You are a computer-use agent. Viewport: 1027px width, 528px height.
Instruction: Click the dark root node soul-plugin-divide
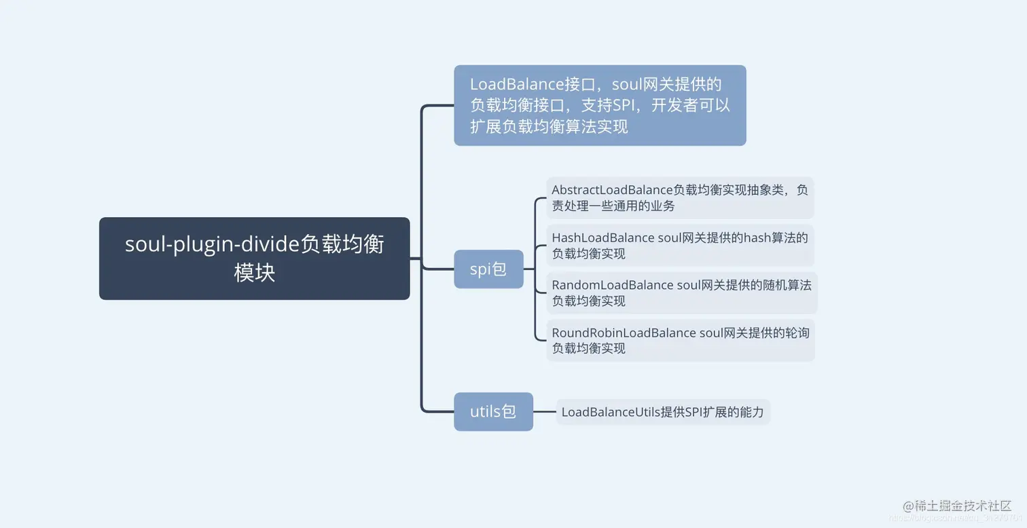point(254,259)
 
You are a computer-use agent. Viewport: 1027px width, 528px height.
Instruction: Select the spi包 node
point(488,269)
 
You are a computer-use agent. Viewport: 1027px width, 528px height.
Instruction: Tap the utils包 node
point(493,411)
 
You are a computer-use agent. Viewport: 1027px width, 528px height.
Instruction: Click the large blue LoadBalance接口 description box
point(600,105)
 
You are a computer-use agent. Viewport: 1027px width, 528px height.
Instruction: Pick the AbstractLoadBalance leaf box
point(679,197)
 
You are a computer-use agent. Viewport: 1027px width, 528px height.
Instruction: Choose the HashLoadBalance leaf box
point(679,246)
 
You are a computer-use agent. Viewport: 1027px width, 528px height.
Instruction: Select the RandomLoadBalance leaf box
point(681,293)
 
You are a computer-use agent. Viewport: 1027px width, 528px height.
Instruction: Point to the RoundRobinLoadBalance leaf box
point(680,340)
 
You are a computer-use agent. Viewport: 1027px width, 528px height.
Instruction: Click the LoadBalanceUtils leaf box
point(663,412)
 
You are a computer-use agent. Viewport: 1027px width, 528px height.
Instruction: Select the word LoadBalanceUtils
point(611,412)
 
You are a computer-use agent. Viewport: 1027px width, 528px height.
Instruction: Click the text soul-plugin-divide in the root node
point(212,244)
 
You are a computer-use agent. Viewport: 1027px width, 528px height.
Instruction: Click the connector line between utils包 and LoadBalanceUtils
point(544,411)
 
